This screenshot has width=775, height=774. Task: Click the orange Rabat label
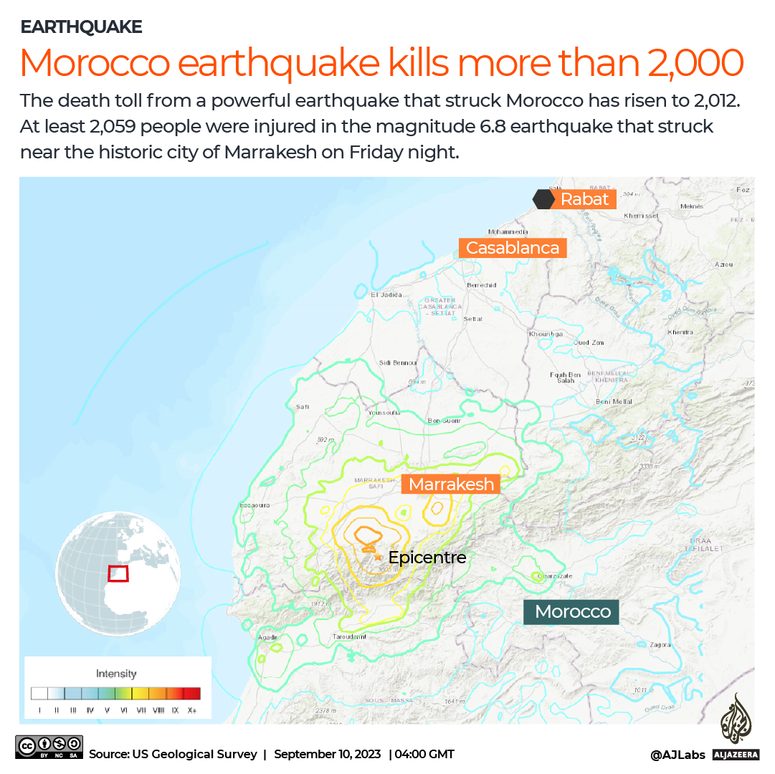[x=584, y=199]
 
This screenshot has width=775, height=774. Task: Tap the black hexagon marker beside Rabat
[x=542, y=199]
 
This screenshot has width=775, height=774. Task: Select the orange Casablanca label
[x=513, y=248]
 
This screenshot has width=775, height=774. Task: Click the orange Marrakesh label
[x=451, y=484]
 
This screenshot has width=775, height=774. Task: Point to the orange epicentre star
[x=378, y=556]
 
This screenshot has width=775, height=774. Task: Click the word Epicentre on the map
[x=427, y=557]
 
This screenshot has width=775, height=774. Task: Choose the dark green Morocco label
[x=572, y=611]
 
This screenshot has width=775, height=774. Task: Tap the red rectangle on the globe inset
[x=118, y=573]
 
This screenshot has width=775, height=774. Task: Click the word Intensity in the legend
[x=116, y=674]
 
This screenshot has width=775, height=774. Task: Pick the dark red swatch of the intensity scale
[x=191, y=693]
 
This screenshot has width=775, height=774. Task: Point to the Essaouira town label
[x=254, y=505]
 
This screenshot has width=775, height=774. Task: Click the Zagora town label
[x=660, y=644]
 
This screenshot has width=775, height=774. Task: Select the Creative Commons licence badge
[x=49, y=747]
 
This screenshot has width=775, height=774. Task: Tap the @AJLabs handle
[x=677, y=754]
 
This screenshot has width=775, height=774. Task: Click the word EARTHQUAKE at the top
[x=81, y=27]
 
